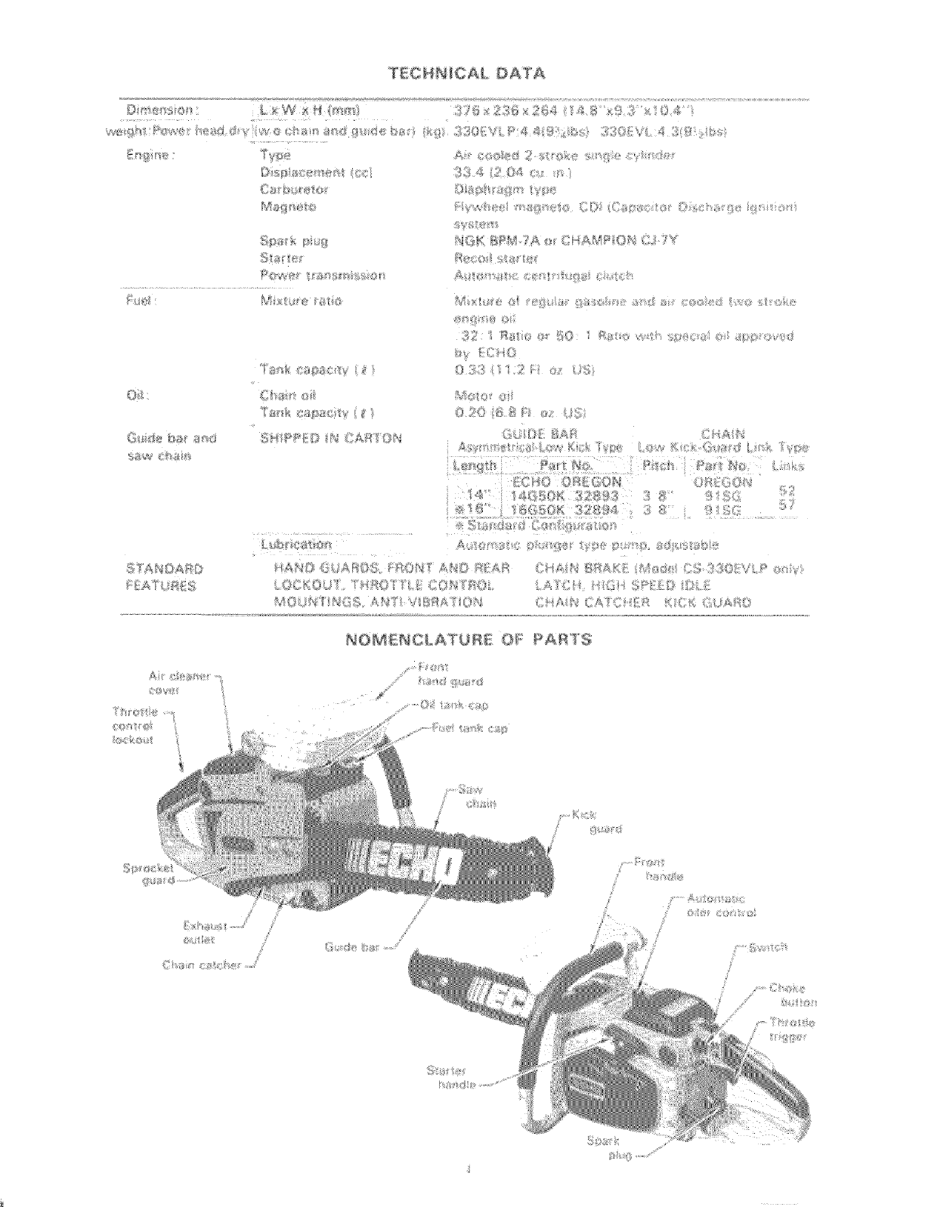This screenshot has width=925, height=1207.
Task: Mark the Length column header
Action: pos(475,465)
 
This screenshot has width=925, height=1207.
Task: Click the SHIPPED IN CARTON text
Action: pos(330,438)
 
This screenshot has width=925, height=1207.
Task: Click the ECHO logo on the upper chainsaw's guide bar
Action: pos(401,862)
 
